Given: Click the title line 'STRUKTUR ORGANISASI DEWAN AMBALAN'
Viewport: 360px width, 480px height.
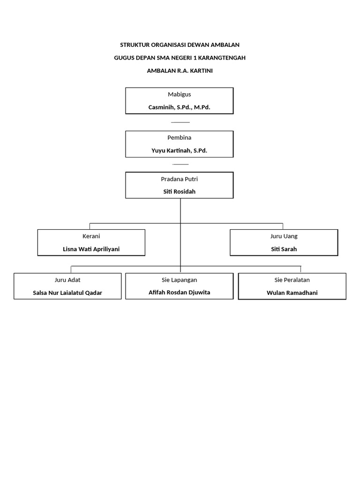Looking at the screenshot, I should point(180,45).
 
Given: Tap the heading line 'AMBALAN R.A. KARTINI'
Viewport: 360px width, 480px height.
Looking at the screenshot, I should point(180,71).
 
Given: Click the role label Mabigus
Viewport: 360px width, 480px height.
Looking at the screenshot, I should point(179,94).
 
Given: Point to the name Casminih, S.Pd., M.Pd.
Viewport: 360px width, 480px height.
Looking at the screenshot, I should point(179,107).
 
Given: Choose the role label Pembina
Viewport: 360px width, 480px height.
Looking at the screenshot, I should point(179,137).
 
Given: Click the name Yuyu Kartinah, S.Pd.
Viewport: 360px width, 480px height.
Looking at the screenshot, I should point(179,150).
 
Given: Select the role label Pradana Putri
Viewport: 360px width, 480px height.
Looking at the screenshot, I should point(179,179).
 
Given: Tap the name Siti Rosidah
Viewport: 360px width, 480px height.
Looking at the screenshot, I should point(179,192).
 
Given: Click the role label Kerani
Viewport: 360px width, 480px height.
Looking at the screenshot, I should point(91,236).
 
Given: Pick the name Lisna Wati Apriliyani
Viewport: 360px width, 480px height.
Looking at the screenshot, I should point(91,249).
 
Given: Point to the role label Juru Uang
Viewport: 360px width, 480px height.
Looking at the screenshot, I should point(284,236).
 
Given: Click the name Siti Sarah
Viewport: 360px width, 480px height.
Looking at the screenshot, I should point(284,249).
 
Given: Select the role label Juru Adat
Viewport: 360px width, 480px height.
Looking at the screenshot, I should point(67,280).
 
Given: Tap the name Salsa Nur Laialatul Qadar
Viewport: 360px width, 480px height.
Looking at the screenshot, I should point(67,293).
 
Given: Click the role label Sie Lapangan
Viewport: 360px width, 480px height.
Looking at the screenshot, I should point(179,280).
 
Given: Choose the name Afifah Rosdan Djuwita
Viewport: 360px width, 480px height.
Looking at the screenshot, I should point(179,292).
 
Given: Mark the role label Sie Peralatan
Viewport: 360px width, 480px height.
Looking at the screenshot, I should point(292,280).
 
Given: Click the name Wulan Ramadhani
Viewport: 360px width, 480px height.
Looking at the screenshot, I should point(292,293).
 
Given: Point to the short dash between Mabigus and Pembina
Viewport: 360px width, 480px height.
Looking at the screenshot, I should point(180,122).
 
